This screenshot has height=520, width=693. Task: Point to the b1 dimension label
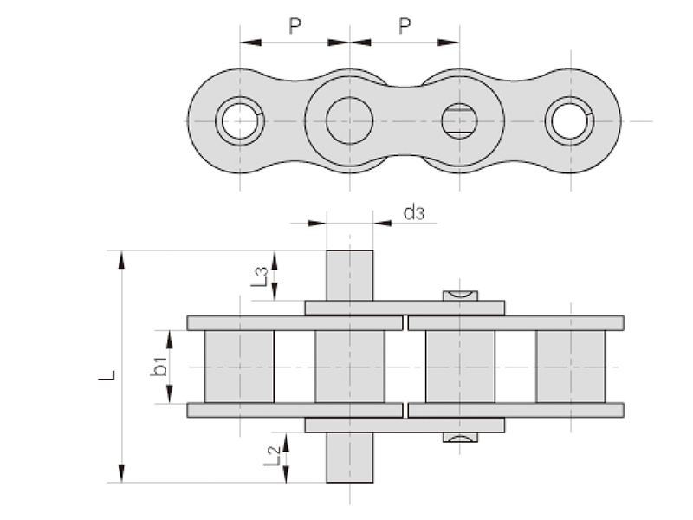(x=159, y=367)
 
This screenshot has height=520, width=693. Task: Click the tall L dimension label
(x=107, y=377)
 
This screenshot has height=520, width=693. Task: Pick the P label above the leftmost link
(x=295, y=27)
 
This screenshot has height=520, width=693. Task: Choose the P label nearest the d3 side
(x=405, y=27)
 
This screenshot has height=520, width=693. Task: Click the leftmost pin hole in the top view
(x=240, y=120)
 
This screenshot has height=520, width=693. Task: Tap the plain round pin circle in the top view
(x=349, y=120)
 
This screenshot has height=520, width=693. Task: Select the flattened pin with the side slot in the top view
(x=459, y=120)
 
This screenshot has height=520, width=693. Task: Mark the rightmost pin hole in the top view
(x=569, y=120)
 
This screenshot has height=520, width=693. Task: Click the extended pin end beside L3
(x=349, y=275)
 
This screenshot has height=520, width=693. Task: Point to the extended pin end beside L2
(x=349, y=458)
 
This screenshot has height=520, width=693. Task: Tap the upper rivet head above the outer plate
(x=460, y=296)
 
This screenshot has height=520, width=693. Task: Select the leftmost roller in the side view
(x=238, y=367)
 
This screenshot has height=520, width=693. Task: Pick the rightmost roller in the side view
(x=570, y=367)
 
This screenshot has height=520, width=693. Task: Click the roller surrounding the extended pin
(x=349, y=367)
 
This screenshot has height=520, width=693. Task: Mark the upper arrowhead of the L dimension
(x=122, y=259)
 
